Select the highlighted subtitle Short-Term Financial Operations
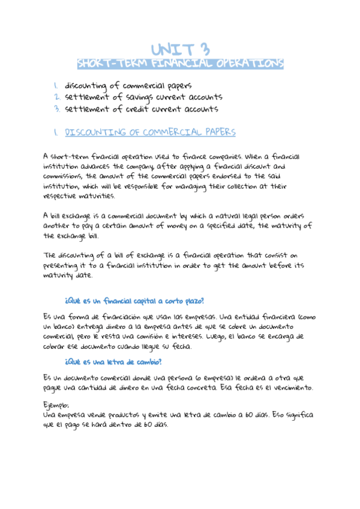click(x=180, y=64)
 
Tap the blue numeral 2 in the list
click(x=56, y=97)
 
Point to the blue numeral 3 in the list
click(x=56, y=109)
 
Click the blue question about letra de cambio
click(x=113, y=362)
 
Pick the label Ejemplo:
click(x=56, y=405)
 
